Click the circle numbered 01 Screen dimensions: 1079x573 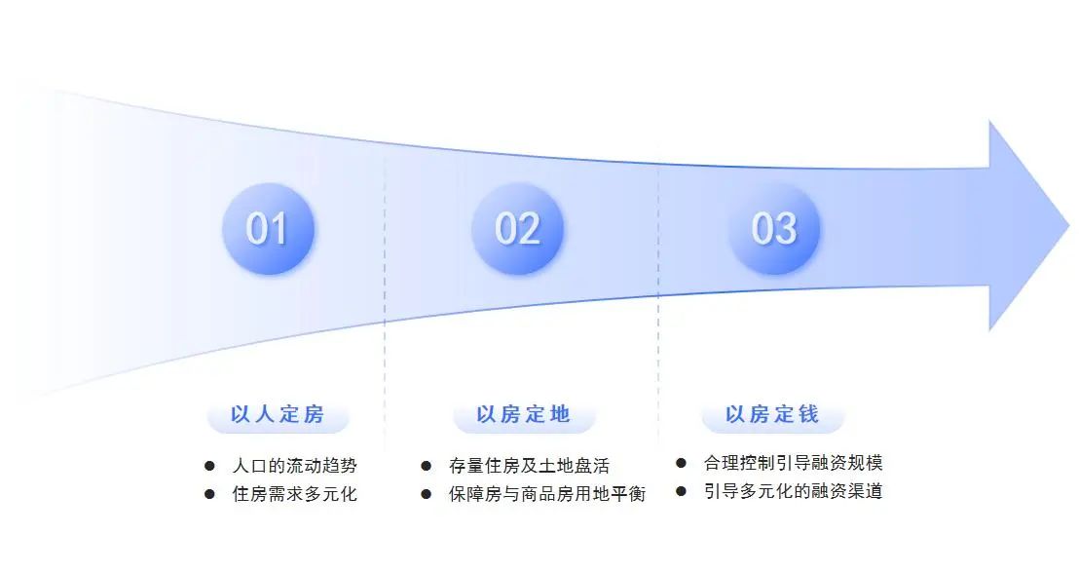tap(269, 229)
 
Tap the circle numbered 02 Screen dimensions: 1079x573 tap(517, 229)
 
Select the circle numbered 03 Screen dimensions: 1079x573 tap(774, 229)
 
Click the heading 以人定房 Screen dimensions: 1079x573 tap(278, 414)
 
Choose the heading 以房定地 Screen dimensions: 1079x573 tap(524, 414)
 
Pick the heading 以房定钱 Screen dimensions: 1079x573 tap(772, 414)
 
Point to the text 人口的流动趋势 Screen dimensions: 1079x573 tap(294, 466)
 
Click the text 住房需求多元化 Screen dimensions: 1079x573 tap(294, 494)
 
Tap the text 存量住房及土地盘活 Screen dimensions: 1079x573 tap(529, 466)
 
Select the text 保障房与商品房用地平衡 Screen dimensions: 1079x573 tap(547, 494)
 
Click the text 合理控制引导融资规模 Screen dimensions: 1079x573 tap(793, 463)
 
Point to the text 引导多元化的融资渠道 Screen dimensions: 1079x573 tap(793, 491)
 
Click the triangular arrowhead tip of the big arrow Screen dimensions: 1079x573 tap(1068, 225)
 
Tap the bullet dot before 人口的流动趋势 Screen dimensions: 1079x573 tap(210, 466)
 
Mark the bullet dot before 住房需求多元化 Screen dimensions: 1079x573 tap(210, 494)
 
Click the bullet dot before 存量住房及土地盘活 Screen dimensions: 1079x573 tap(426, 466)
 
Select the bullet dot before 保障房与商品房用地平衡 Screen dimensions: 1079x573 tap(426, 494)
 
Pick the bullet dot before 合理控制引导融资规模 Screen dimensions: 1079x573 tap(681, 463)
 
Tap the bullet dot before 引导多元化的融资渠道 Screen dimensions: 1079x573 tap(681, 491)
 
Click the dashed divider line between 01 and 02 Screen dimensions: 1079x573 tap(385, 296)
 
